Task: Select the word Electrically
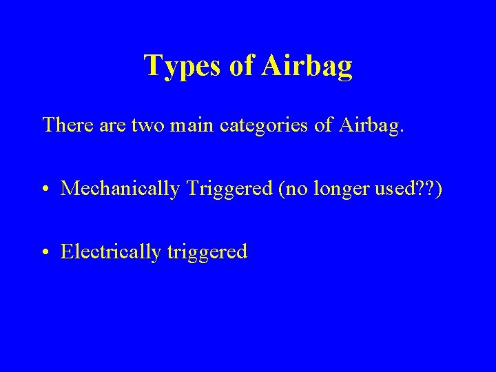(x=110, y=252)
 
